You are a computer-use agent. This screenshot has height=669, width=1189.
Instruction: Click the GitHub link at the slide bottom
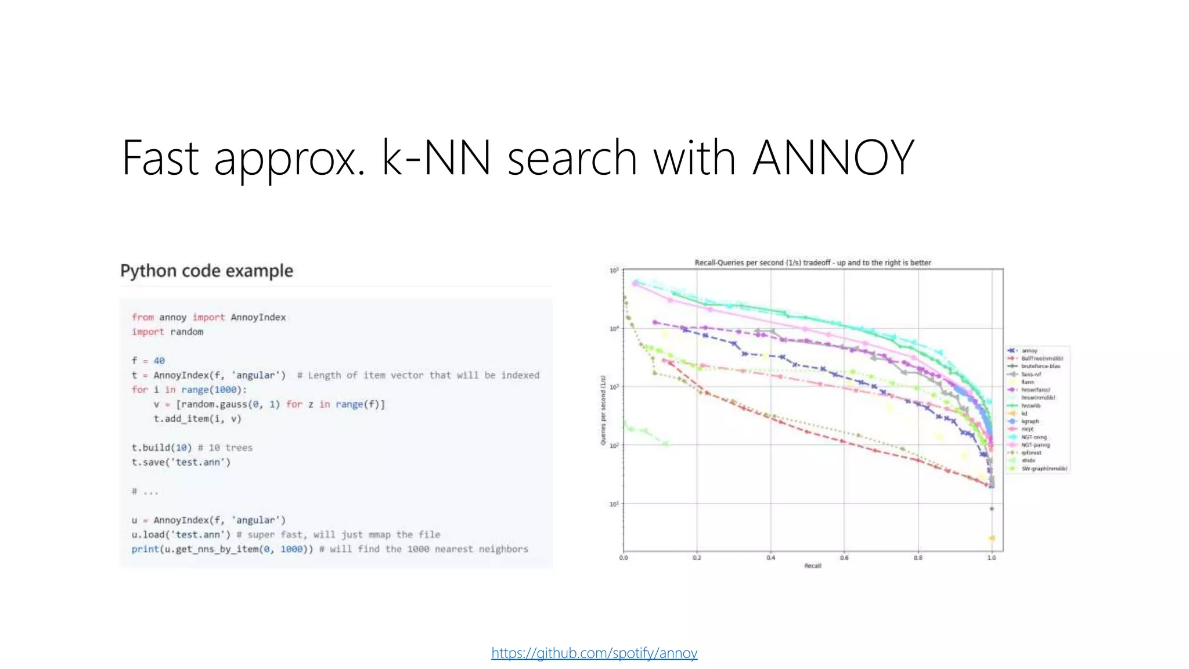click(594, 653)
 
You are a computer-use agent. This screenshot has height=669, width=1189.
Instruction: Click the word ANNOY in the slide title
click(833, 157)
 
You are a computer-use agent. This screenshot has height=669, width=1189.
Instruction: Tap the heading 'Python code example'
click(207, 271)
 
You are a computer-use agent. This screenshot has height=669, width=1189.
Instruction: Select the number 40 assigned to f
click(159, 361)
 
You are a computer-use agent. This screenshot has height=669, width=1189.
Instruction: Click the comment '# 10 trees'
click(225, 448)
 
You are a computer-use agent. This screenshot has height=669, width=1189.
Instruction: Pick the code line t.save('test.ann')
click(181, 462)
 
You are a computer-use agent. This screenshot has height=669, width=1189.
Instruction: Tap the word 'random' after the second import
click(186, 332)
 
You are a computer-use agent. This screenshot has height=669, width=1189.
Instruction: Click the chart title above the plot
click(812, 262)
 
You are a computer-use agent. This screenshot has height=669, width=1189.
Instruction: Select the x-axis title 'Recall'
click(812, 566)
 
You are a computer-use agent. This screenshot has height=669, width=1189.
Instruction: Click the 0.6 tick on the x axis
click(844, 557)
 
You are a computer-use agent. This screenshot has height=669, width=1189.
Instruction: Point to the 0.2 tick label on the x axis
click(697, 557)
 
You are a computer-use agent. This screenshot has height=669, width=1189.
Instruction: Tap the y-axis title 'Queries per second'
click(603, 410)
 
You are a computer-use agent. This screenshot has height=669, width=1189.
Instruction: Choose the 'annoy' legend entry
click(1029, 351)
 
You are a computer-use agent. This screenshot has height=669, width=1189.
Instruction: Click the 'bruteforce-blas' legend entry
click(1040, 366)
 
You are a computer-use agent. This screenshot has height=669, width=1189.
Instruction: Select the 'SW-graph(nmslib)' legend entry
click(1044, 469)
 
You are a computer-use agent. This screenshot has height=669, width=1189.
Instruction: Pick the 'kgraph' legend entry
click(1030, 421)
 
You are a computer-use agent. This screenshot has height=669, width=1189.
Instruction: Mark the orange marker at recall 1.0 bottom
click(992, 538)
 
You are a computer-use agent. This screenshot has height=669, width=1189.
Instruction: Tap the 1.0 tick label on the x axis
click(992, 557)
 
